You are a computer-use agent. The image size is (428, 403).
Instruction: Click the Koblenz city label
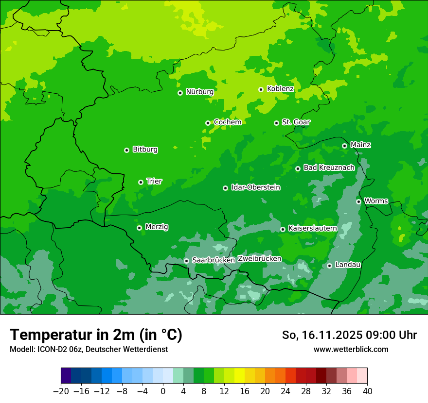coord(280,89)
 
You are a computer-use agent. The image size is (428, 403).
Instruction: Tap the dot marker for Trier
coord(141,182)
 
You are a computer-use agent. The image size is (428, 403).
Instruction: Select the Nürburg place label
coord(199,92)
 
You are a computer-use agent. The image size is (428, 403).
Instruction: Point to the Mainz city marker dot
coord(344,146)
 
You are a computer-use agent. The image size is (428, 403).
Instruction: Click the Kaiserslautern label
coord(312,228)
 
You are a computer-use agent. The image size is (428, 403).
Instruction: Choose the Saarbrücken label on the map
coord(214,260)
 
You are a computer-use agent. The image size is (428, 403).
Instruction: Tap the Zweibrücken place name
coord(259,259)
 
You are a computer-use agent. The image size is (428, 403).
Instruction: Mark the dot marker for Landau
coord(329,266)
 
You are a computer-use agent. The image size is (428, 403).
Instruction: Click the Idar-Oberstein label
coord(255,187)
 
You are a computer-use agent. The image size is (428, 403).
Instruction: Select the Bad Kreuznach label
coord(329,168)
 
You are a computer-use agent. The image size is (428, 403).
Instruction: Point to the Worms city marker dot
coord(358,201)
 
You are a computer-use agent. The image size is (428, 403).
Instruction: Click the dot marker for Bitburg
coord(126,150)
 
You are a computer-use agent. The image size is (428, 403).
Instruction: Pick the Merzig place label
coord(157,227)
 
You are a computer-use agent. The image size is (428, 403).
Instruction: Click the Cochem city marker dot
coord(208,123)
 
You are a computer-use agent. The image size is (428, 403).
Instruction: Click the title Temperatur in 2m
coord(96,335)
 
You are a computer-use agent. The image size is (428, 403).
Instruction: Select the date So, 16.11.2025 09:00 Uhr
coord(349,335)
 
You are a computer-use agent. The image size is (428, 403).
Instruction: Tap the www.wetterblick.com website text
coord(351,350)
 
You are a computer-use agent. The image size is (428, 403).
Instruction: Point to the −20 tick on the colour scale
coord(61,391)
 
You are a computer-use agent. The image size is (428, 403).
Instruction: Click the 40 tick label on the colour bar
coord(367,391)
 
